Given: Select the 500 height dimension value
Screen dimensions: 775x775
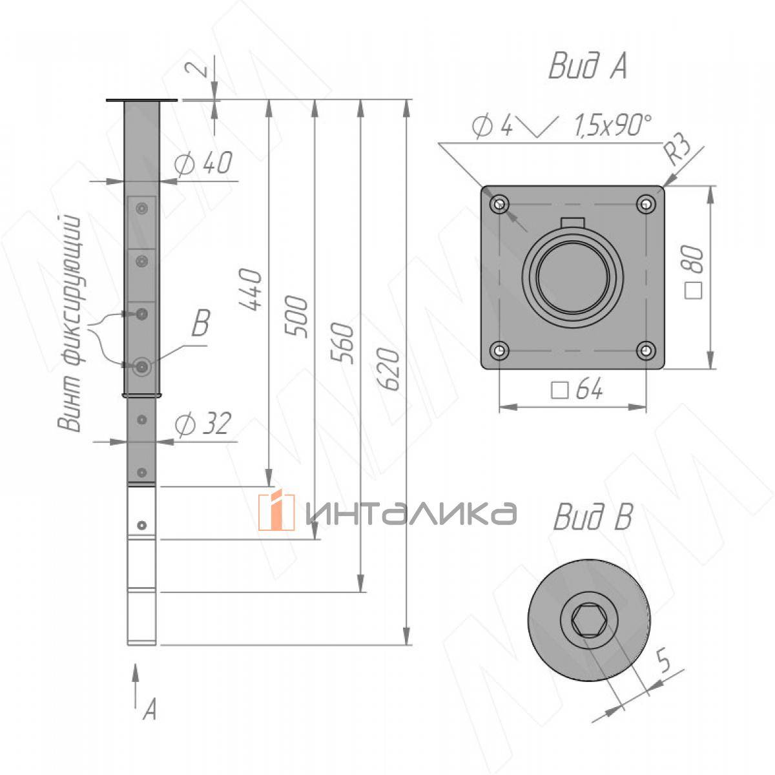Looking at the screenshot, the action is (296, 316).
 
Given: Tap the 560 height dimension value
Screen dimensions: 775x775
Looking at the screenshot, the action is (342, 343).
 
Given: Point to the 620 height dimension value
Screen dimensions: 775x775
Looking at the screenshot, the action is (388, 369).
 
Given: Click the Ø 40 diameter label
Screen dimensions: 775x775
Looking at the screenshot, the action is (203, 163).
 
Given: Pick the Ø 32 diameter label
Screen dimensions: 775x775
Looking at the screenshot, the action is (203, 424).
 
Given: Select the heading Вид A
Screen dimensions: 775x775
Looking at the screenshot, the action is (588, 65).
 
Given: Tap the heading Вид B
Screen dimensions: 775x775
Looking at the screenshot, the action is (593, 517).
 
